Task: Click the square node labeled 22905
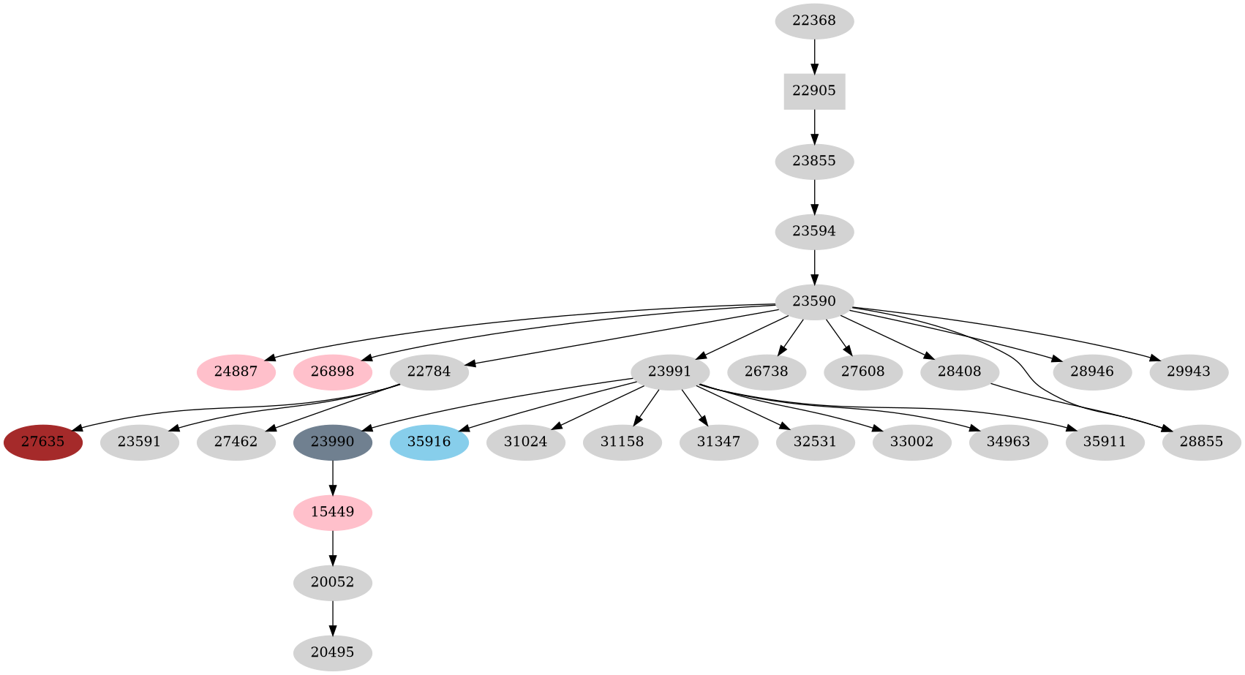(x=814, y=91)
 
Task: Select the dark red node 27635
(x=42, y=442)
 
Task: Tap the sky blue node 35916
(x=429, y=442)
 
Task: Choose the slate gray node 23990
(x=332, y=442)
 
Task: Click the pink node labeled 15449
(x=332, y=513)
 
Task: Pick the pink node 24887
(x=236, y=372)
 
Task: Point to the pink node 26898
(x=332, y=372)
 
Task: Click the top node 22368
(x=814, y=21)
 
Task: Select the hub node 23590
(x=814, y=302)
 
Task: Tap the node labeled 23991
(x=669, y=372)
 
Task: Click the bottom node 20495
(x=332, y=653)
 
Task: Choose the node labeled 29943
(x=1188, y=372)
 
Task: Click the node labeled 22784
(x=429, y=372)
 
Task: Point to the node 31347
(x=718, y=442)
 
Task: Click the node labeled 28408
(x=959, y=372)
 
